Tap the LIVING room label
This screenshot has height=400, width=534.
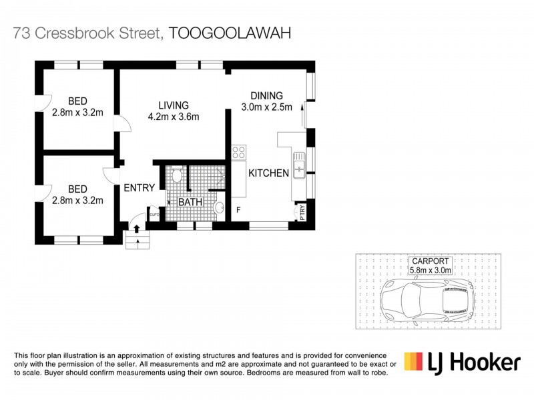174,105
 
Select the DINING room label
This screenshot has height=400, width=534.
266,95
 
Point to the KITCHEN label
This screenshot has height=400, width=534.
269,173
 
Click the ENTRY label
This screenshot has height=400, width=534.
140,188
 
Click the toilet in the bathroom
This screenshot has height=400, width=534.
176,176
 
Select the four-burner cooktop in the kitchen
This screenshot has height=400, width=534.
238,151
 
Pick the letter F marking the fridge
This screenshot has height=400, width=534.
238,211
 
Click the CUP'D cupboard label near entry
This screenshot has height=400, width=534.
154,215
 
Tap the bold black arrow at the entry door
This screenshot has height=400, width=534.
137,229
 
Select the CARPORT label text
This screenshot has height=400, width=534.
431,261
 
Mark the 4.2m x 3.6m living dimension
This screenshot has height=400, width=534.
174,117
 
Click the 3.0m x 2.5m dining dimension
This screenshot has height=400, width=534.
266,107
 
